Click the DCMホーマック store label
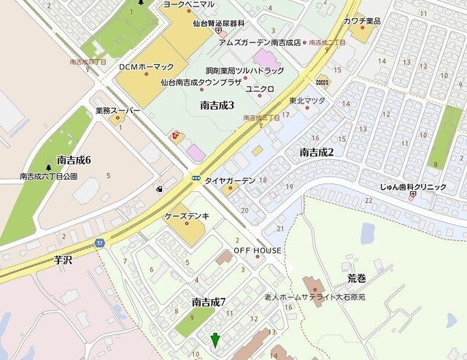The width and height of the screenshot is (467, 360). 144,66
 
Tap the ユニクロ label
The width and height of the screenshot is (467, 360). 259,88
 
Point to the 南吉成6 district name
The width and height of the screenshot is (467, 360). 73,160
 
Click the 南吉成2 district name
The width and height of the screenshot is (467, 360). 317,152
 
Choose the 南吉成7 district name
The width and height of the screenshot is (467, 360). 209,302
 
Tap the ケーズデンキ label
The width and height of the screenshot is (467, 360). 188,216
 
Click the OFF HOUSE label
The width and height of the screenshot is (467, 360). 258,250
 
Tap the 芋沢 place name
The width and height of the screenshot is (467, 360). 64,259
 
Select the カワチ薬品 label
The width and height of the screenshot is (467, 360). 363,21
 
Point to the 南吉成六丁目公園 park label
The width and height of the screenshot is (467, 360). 49,176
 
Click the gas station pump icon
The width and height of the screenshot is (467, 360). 159,190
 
